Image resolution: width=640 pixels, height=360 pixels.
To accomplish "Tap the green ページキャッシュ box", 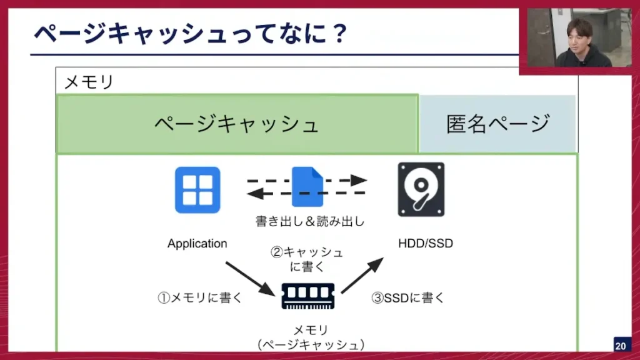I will (237, 123).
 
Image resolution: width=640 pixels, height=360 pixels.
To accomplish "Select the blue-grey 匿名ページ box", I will (497, 123).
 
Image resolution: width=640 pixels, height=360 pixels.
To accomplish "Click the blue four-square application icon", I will (197, 189).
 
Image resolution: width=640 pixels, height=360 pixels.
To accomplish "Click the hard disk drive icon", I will (421, 189).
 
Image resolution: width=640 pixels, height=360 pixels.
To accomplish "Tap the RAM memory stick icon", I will (307, 296).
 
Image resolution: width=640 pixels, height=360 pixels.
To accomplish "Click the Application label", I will (197, 244).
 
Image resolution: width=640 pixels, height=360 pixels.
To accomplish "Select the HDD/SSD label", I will (426, 243).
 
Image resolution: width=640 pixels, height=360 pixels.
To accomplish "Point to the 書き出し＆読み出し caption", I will (310, 221).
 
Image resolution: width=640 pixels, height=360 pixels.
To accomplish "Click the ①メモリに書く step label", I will (199, 298).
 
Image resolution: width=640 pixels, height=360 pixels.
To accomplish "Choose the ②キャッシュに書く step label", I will (306, 259).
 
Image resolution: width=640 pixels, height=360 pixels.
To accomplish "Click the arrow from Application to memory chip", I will (249, 278).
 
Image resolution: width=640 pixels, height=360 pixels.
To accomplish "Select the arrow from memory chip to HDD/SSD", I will (362, 274).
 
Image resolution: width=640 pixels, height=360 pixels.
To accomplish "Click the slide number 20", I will (621, 346).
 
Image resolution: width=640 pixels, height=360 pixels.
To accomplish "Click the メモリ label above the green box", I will (89, 82).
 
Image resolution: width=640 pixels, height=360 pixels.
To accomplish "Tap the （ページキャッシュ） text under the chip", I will (311, 344).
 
